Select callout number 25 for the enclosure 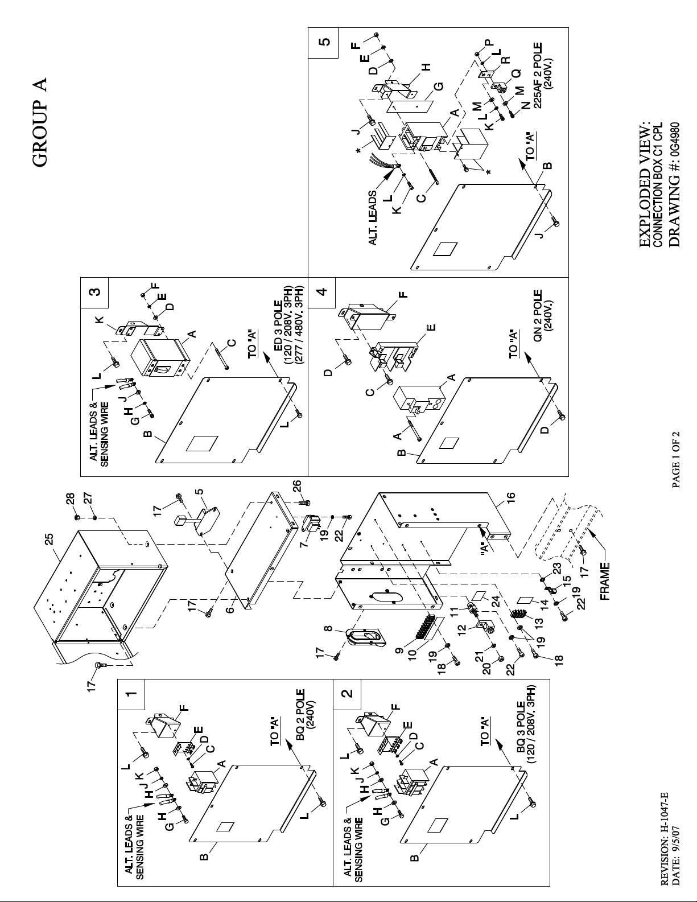[x=49, y=539]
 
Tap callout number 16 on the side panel [x=510, y=496]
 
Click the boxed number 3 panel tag [x=94, y=292]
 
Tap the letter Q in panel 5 [x=515, y=73]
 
